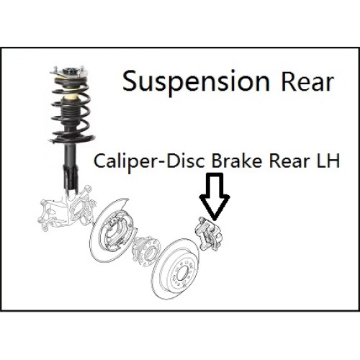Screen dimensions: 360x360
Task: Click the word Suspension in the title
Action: (196, 82)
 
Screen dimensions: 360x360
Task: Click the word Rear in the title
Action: (307, 82)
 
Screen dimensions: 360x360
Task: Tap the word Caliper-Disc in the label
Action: (149, 161)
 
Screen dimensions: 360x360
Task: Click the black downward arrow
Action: (215, 196)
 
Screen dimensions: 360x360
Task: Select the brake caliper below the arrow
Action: (209, 234)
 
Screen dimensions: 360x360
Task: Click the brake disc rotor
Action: (176, 269)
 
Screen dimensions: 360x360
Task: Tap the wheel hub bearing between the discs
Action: (145, 251)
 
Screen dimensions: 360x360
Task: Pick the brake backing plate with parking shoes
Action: (112, 231)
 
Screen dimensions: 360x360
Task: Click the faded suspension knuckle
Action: (66, 208)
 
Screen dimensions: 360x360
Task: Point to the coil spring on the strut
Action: (71, 109)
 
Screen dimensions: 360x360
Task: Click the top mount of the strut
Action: (69, 72)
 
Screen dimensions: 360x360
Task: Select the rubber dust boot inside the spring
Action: (71, 111)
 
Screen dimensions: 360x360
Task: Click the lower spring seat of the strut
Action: (72, 139)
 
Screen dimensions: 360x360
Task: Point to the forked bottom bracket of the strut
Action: (71, 179)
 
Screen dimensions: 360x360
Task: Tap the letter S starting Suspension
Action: (130, 81)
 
